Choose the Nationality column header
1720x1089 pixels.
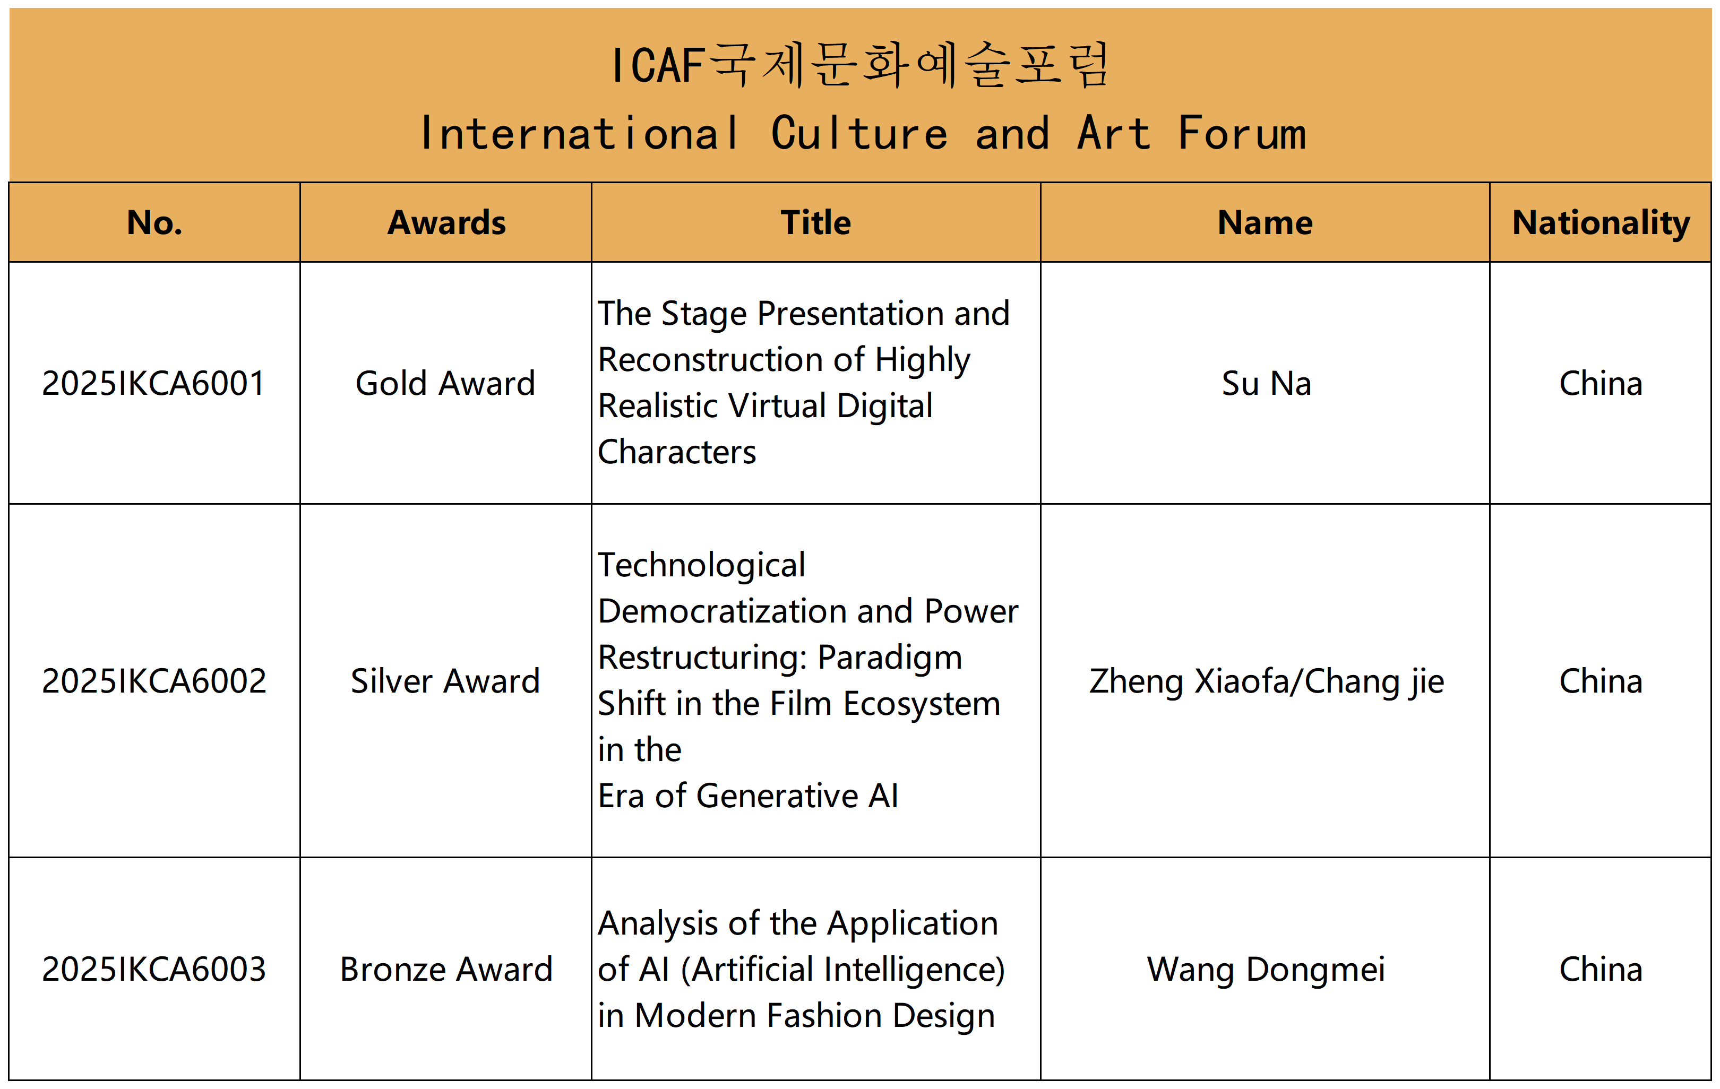click(1601, 223)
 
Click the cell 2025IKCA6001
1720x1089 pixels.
click(153, 384)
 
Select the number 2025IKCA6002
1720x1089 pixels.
click(153, 681)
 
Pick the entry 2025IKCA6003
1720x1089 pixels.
click(153, 970)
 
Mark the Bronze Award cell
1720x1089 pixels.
click(446, 970)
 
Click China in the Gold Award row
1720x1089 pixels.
click(1601, 384)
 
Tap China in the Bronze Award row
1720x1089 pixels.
click(1601, 970)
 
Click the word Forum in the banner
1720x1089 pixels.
click(1242, 134)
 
